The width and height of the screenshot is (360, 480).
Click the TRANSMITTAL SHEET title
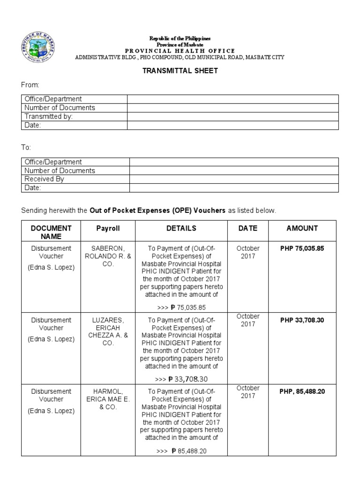[180, 71]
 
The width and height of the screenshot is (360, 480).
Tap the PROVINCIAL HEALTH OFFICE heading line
[180, 51]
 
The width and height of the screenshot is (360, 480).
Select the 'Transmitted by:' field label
[48, 116]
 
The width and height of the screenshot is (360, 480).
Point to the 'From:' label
[30, 85]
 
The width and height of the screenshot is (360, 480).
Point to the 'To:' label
[26, 148]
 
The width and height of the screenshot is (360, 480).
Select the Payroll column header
[108, 228]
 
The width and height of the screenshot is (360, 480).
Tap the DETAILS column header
[181, 228]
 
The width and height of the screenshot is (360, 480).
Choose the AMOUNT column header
[302, 228]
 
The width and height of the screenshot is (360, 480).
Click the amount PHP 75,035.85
[302, 248]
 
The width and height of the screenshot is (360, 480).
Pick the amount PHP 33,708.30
[302, 320]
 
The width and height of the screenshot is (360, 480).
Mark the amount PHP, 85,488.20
[302, 391]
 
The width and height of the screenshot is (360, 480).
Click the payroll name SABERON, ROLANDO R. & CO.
[108, 256]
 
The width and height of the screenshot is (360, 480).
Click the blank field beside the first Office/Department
[232, 99]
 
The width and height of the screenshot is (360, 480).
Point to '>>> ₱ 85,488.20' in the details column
[182, 451]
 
